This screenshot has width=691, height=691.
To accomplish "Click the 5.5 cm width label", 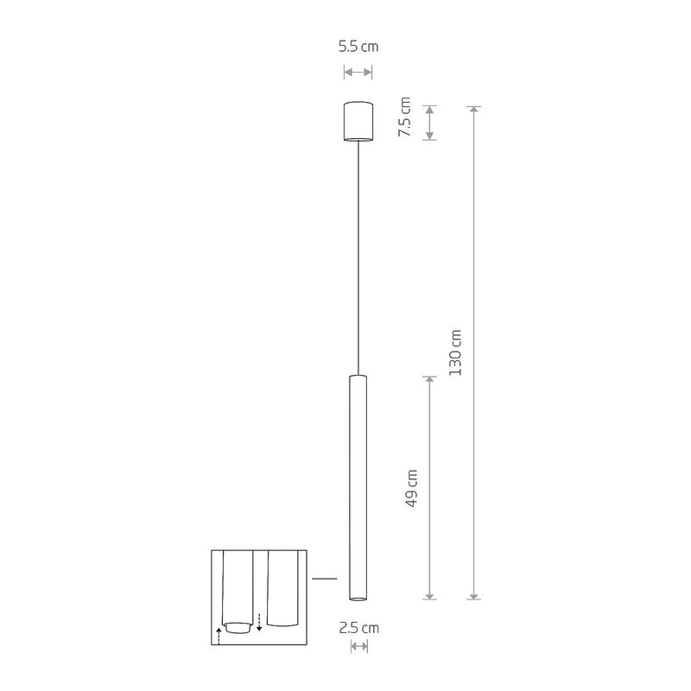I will tap(358, 48).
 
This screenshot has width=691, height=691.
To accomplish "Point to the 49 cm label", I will tap(412, 488).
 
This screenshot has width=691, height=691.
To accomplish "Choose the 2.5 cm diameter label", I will tap(358, 628).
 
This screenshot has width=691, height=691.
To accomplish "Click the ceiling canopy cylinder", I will tap(358, 121).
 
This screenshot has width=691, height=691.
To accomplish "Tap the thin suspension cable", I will tap(358, 259).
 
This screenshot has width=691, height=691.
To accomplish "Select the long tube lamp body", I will tap(358, 484).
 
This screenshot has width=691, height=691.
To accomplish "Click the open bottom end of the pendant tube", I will tap(358, 596).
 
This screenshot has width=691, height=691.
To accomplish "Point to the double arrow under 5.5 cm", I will tap(358, 73).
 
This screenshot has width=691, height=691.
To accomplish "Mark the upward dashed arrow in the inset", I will tap(219, 637).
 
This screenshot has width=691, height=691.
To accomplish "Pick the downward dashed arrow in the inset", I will tap(259, 620).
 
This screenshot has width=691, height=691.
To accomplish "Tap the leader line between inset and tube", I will tap(323, 578).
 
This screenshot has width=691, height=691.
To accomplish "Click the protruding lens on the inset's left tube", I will tap(241, 625).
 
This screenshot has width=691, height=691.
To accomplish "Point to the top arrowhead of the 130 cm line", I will tap(473, 109).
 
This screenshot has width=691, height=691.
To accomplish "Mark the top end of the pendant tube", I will tap(358, 377).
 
